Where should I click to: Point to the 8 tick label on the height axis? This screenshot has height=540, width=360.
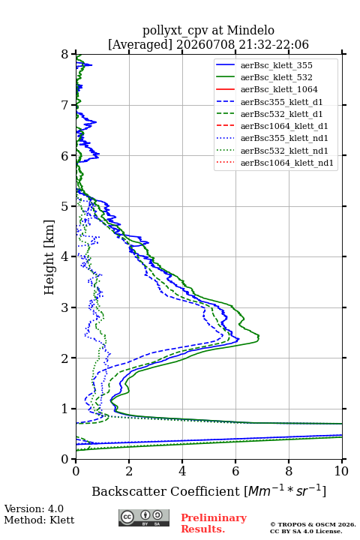[x=65, y=55]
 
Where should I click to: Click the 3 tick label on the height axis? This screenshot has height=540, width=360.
[x=65, y=307]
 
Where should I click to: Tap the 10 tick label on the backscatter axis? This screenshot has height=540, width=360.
[x=341, y=471]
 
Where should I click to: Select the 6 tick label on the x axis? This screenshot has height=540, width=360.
[x=235, y=471]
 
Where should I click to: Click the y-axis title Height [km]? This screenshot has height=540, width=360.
[x=49, y=257]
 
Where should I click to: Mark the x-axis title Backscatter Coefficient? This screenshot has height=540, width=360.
[x=166, y=491]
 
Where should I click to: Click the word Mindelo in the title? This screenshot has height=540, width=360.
[x=250, y=30]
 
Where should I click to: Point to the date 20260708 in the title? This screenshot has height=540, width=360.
[x=205, y=44]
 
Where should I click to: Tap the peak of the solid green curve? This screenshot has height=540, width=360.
[x=259, y=336]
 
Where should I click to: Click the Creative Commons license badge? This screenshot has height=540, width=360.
[x=144, y=517]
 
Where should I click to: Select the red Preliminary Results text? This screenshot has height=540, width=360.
[x=214, y=523]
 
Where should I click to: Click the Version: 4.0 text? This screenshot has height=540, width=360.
[x=34, y=508]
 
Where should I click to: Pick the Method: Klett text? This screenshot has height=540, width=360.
[x=39, y=520]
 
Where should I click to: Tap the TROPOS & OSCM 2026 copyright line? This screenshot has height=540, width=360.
[x=313, y=524]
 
